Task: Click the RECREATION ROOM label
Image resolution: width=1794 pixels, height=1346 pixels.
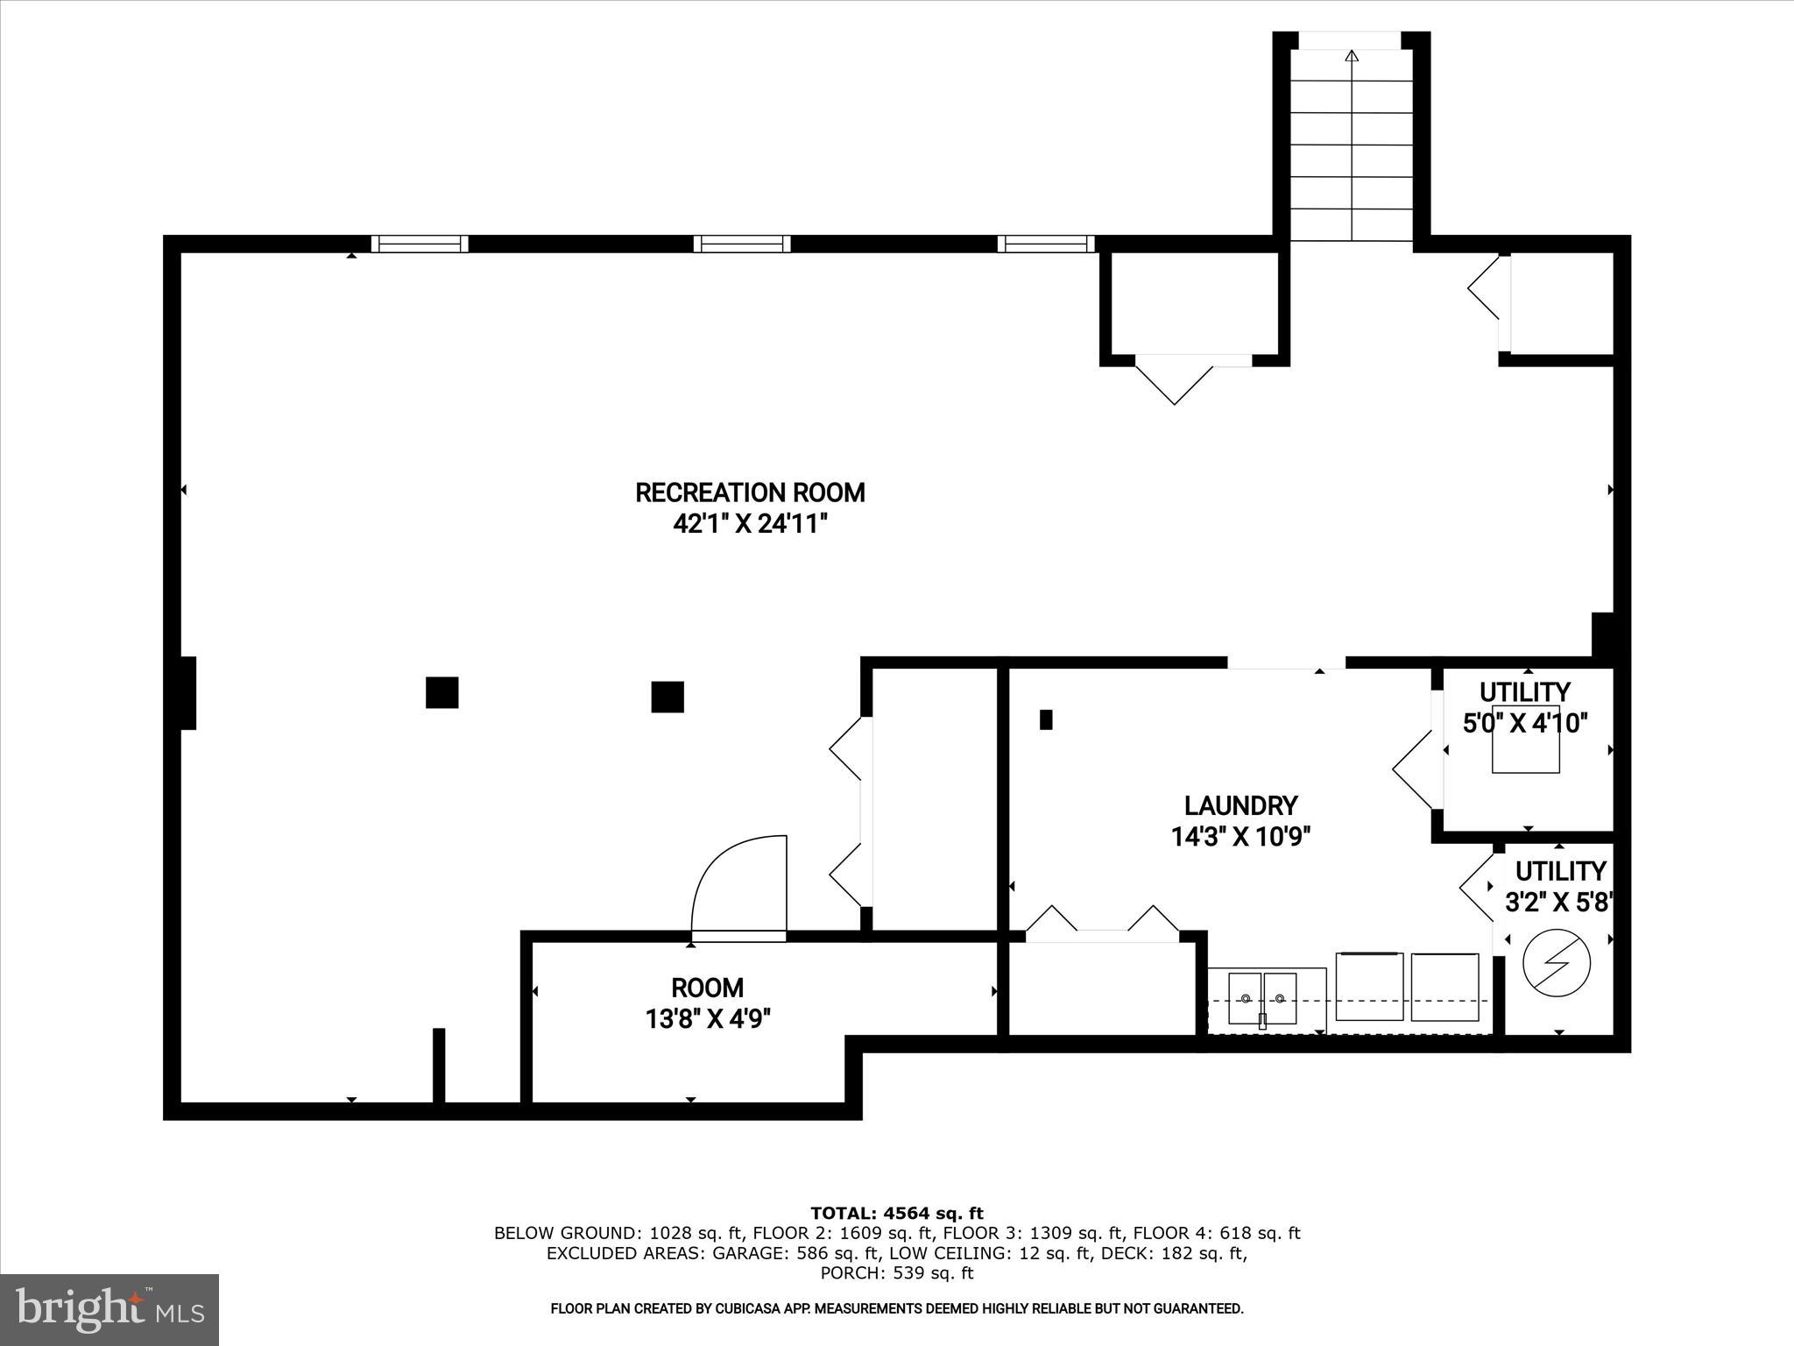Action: click(750, 492)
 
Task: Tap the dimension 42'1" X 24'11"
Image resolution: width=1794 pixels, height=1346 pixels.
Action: click(750, 524)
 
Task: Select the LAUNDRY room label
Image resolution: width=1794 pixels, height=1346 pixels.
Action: click(1240, 805)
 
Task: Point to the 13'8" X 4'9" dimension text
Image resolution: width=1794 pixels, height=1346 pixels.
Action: click(708, 1019)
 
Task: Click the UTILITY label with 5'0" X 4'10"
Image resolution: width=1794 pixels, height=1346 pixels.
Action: click(1525, 692)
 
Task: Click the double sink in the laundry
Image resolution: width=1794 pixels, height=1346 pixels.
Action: click(1262, 998)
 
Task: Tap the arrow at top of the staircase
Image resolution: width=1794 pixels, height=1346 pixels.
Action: click(1351, 57)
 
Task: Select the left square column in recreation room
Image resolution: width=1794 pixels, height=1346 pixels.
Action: click(441, 692)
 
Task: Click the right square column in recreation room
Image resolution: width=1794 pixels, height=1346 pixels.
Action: click(667, 697)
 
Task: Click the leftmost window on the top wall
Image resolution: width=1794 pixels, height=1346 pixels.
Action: click(420, 244)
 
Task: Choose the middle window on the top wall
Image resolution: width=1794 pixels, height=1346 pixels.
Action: click(742, 244)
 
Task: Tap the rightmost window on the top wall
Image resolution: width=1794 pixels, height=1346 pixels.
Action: click(1046, 244)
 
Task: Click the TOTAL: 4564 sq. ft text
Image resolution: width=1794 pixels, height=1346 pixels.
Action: click(897, 1213)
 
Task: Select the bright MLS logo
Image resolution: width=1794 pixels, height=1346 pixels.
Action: click(109, 1309)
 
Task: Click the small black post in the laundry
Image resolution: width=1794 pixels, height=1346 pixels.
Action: click(1045, 719)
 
